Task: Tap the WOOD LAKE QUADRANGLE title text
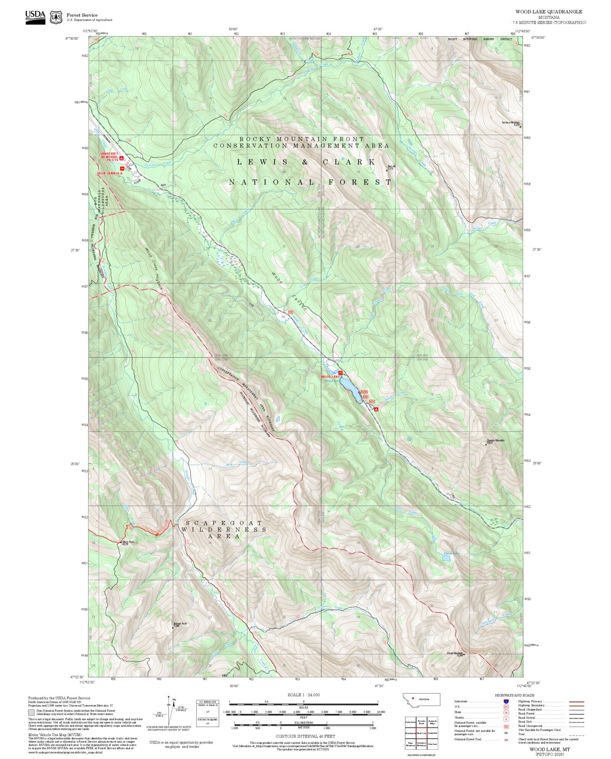(x=548, y=12)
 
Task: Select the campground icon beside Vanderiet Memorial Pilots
(x=121, y=158)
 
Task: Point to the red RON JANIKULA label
(x=110, y=173)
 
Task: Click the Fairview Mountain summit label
(x=510, y=124)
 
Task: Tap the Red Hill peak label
(x=390, y=167)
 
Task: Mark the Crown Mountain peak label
(x=455, y=653)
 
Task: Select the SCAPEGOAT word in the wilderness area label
(x=224, y=523)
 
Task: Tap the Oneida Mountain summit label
(x=495, y=441)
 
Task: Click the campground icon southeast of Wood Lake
(x=375, y=409)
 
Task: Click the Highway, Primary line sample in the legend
(x=576, y=701)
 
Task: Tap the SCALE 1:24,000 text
(x=303, y=695)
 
